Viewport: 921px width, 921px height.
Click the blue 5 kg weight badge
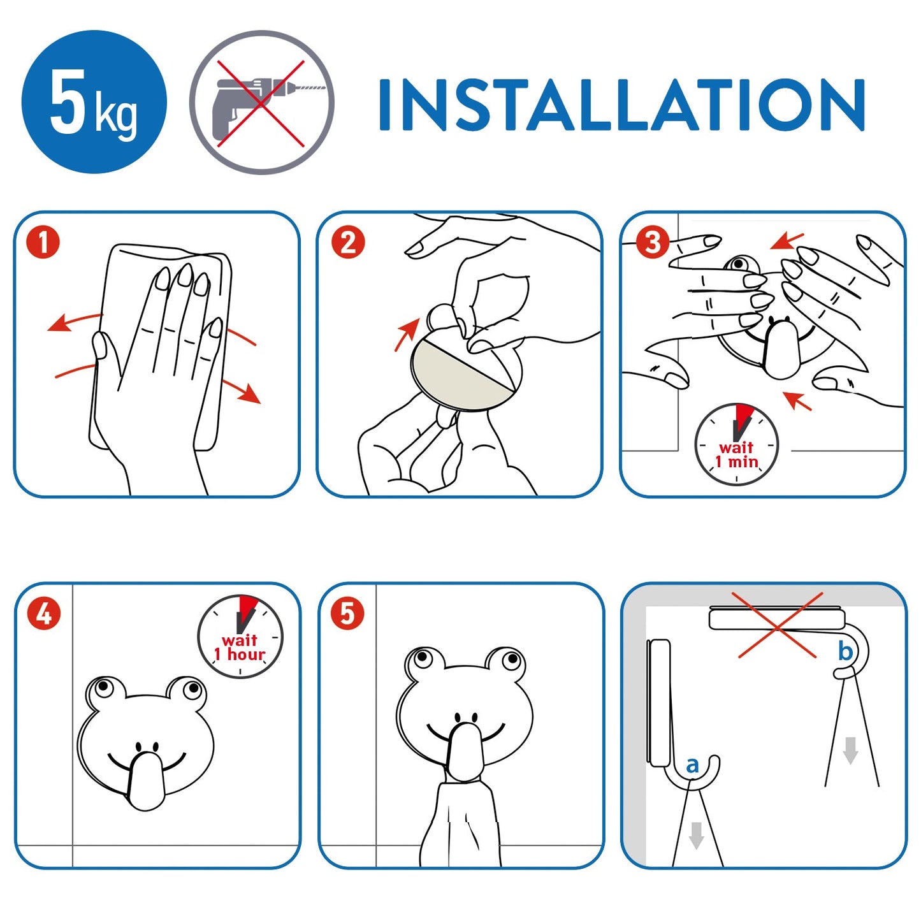94,102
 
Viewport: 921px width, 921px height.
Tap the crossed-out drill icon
261,102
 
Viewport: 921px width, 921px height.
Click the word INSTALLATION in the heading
622,105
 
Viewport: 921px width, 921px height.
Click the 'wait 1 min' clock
737,444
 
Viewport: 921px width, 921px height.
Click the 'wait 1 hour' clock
240,637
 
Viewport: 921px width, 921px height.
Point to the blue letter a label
692,765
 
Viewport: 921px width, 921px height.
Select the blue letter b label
846,651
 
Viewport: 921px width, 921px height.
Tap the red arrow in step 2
407,335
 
